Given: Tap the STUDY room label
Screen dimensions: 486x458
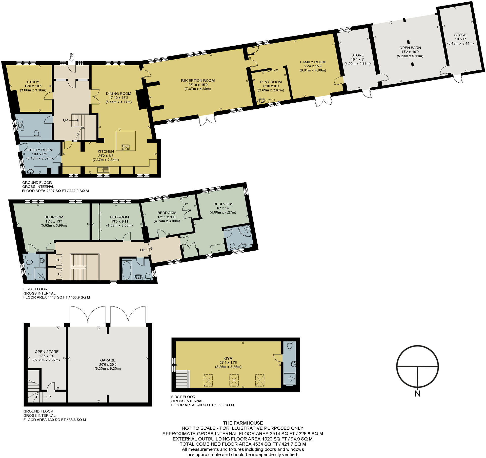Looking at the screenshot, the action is pyautogui.click(x=33, y=82).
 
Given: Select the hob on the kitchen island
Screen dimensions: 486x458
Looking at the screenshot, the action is pyautogui.click(x=126, y=147).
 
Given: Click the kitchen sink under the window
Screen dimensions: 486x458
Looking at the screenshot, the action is pyautogui.click(x=103, y=169).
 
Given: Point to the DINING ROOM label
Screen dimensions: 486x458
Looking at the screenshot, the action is pyautogui.click(x=118, y=93).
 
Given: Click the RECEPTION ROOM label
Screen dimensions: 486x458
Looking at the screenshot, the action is pyautogui.click(x=198, y=81).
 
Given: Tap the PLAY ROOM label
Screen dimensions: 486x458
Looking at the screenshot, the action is pyautogui.click(x=271, y=82).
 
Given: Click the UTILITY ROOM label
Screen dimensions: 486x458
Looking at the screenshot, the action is pyautogui.click(x=40, y=150).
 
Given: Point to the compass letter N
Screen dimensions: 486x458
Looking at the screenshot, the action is pyautogui.click(x=417, y=394).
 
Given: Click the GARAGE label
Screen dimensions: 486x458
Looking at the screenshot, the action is pyautogui.click(x=108, y=360).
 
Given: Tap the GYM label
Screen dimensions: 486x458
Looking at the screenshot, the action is pyautogui.click(x=228, y=358).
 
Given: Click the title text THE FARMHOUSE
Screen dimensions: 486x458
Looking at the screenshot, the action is pyautogui.click(x=243, y=423).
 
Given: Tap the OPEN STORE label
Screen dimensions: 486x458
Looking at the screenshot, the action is pyautogui.click(x=47, y=352).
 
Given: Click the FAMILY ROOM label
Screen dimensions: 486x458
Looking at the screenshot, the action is pyautogui.click(x=313, y=62).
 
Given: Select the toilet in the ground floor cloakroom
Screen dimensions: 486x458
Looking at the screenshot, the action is pyautogui.click(x=37, y=133).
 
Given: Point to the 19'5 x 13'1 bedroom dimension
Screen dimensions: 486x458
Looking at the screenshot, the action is pyautogui.click(x=54, y=221).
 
